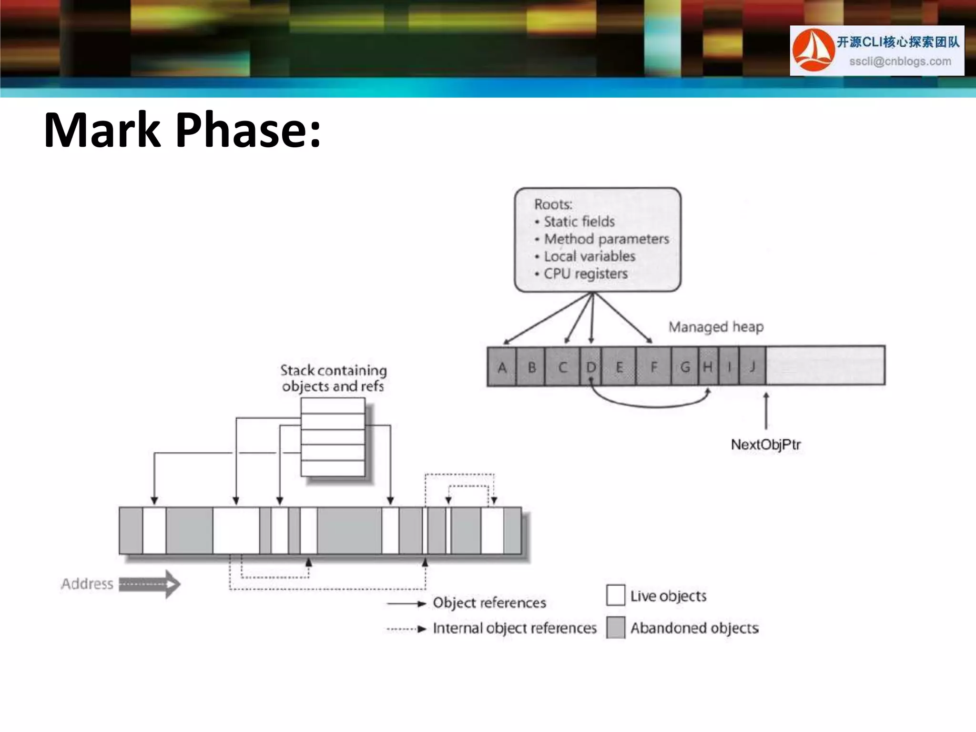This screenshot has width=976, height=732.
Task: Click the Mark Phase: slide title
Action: [x=183, y=130]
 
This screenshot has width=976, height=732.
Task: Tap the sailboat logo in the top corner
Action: [x=813, y=50]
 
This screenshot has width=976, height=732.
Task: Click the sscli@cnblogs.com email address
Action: [x=900, y=61]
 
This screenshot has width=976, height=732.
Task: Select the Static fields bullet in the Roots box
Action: [x=579, y=222]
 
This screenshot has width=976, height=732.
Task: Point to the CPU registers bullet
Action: [x=585, y=274]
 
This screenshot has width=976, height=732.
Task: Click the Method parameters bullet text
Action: [x=606, y=239]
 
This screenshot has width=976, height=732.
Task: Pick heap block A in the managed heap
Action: [x=502, y=367]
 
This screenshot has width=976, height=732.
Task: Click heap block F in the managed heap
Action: [x=654, y=367]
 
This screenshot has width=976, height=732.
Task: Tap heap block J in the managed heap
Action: [x=752, y=367]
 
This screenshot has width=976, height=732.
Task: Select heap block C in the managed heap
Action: [x=562, y=367]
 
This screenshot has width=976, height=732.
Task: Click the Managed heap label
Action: [x=716, y=327]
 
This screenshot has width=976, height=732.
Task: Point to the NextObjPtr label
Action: [x=765, y=445]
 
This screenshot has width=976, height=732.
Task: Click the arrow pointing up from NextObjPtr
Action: [x=766, y=411]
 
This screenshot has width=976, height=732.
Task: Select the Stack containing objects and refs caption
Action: [x=333, y=378]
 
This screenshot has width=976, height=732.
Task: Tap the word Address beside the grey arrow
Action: [x=87, y=584]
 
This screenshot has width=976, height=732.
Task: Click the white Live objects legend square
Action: [x=616, y=595]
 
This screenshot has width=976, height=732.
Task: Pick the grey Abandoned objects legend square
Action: [x=616, y=627]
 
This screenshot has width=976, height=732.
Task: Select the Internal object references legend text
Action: [x=514, y=628]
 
